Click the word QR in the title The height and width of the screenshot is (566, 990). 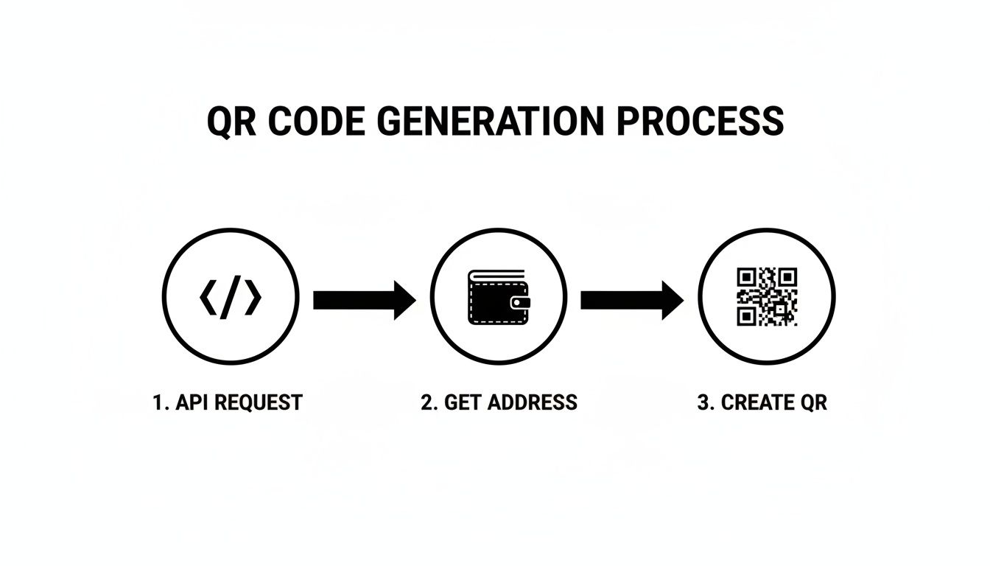click(231, 122)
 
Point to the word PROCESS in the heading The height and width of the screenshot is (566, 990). click(700, 122)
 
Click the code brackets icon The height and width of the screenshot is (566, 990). click(231, 297)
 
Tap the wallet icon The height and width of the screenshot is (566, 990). click(498, 296)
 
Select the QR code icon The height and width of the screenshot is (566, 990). click(766, 296)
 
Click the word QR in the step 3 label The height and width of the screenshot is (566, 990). click(812, 402)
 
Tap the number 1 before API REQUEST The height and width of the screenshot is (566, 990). click(158, 402)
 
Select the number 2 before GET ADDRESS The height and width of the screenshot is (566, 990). click(426, 402)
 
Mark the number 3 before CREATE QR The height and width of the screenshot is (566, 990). click(703, 402)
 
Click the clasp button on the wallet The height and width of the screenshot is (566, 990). click(522, 302)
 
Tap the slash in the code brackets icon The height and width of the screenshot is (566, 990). click(231, 297)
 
